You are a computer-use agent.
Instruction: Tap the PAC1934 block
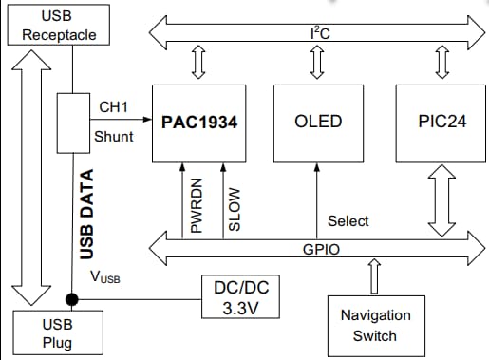pyautogui.click(x=198, y=123)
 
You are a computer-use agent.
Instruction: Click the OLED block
pyautogui.click(x=318, y=123)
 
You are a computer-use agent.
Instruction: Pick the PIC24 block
pyautogui.click(x=441, y=123)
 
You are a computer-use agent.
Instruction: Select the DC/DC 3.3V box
pyautogui.click(x=241, y=298)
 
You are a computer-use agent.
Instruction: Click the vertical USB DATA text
pyautogui.click(x=86, y=215)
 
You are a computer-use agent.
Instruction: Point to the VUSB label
pyautogui.click(x=104, y=277)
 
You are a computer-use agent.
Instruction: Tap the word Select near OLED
pyautogui.click(x=348, y=221)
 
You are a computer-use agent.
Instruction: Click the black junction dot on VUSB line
pyautogui.click(x=72, y=296)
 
